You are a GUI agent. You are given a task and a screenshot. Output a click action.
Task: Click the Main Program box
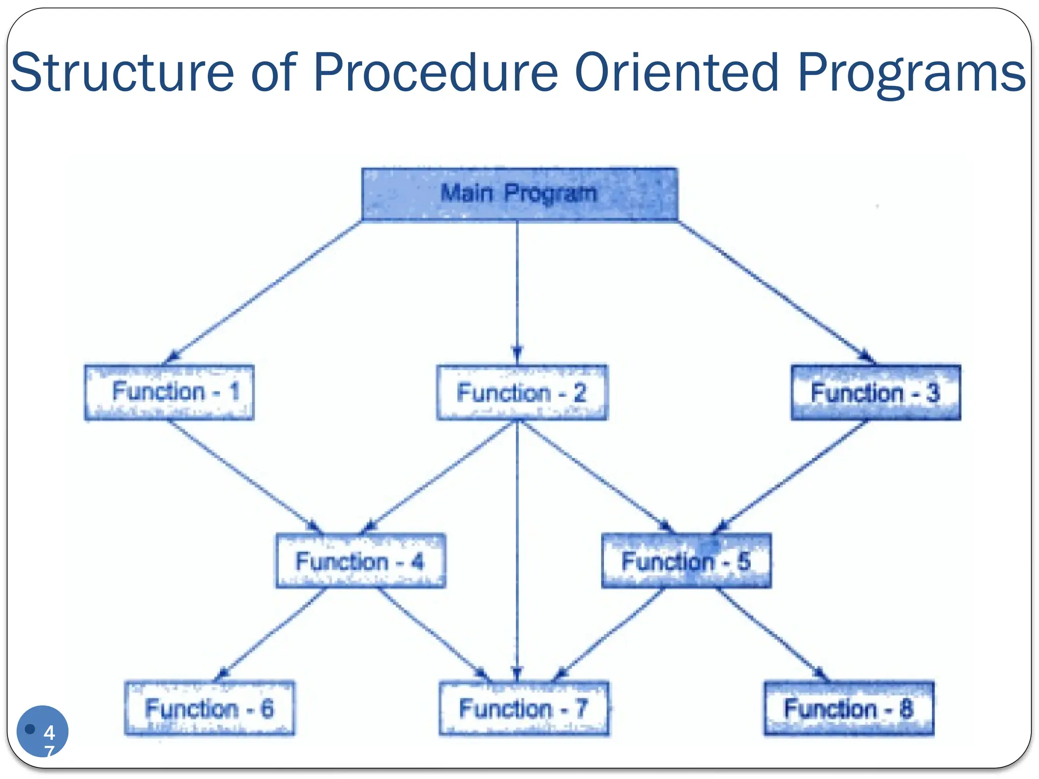click(x=519, y=194)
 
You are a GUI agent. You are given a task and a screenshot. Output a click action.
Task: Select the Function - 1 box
click(x=169, y=392)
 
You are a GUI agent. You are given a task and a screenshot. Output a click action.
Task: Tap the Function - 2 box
click(x=522, y=393)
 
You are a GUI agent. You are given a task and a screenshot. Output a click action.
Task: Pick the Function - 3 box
click(x=876, y=393)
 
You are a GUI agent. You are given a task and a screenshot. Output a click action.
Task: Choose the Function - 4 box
click(x=361, y=561)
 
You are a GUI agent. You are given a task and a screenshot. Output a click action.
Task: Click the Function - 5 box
click(x=686, y=561)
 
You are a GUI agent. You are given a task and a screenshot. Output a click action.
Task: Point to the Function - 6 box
click(x=210, y=709)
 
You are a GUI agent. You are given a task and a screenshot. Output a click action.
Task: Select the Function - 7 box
click(x=524, y=709)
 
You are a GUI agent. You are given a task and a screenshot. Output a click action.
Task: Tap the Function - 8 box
click(x=849, y=709)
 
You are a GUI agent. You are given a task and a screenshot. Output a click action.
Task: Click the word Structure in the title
click(x=122, y=73)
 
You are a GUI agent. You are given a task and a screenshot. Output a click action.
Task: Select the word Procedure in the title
click(x=435, y=73)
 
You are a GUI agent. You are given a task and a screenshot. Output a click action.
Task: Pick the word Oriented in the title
click(x=676, y=73)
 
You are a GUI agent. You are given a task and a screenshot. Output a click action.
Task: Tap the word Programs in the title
click(x=911, y=73)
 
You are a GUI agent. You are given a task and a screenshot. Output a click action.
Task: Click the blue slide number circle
click(x=42, y=731)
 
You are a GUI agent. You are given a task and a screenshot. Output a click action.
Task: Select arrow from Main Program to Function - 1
click(x=264, y=292)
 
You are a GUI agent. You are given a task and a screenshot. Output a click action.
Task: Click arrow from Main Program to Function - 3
click(x=776, y=292)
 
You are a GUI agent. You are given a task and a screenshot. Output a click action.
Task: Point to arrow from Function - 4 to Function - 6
click(x=271, y=634)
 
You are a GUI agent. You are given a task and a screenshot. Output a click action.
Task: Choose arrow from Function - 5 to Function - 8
click(x=771, y=634)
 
